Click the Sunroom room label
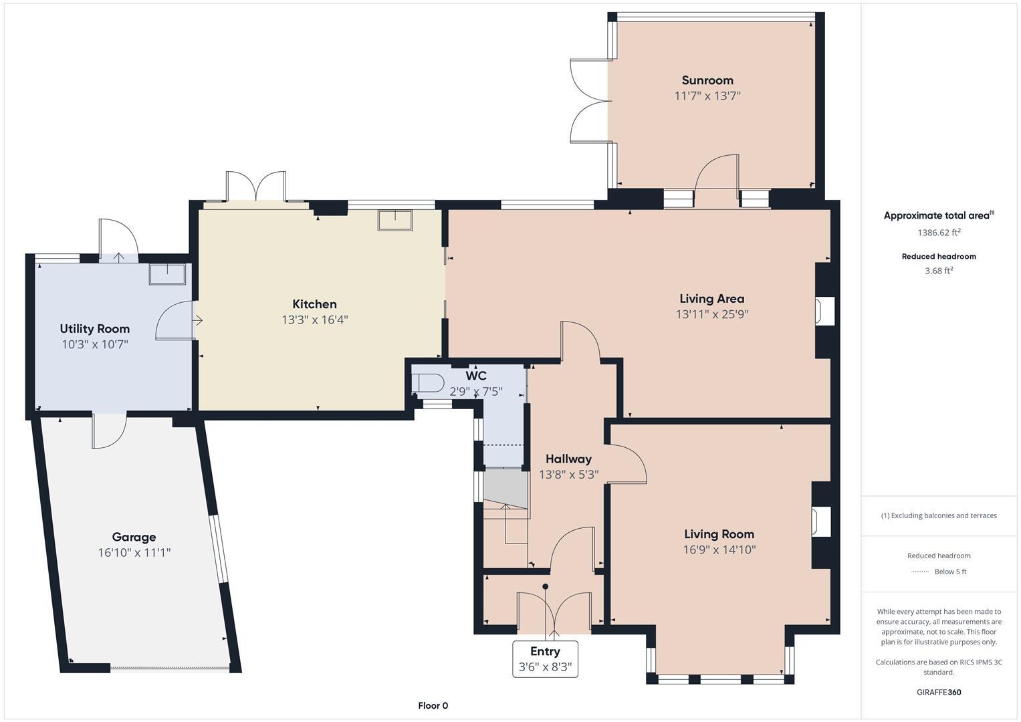click(x=707, y=80)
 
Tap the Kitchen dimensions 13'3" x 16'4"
click(x=314, y=320)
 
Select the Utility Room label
click(x=95, y=328)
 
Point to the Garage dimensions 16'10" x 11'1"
click(x=134, y=553)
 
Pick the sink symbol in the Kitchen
click(x=395, y=220)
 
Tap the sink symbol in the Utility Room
click(x=167, y=274)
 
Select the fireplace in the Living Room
click(x=821, y=521)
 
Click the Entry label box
click(x=545, y=659)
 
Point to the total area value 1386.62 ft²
click(x=939, y=233)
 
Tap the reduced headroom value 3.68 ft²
click(x=939, y=271)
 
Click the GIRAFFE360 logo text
click(x=939, y=692)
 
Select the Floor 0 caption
click(x=433, y=705)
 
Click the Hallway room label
click(x=568, y=459)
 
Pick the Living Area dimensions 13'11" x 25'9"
click(x=712, y=314)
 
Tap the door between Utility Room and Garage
click(x=109, y=431)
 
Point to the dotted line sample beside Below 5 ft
click(x=921, y=572)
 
